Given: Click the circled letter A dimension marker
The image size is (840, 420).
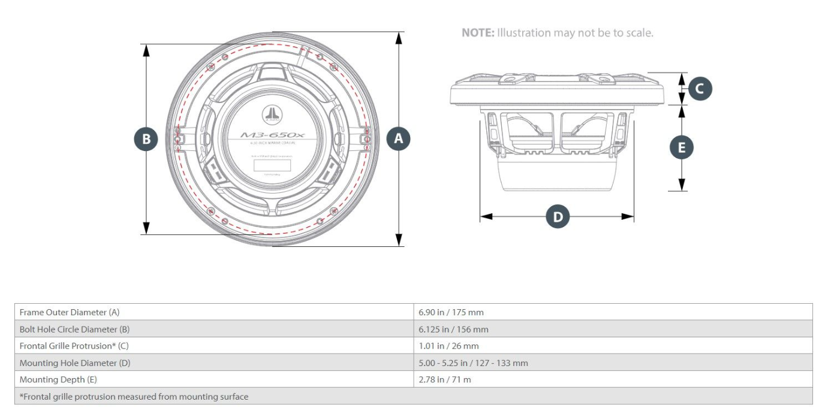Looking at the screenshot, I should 398,139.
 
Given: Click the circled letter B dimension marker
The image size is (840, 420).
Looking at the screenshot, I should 146,139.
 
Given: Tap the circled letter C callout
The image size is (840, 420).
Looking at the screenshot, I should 699,89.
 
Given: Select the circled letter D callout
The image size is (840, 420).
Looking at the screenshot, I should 558,217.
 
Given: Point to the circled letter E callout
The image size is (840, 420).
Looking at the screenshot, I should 681,147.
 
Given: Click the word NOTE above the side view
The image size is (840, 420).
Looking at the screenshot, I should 477,33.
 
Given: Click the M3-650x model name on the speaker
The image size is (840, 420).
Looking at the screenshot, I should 272,135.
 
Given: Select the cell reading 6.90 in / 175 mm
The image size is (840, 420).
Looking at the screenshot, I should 451,312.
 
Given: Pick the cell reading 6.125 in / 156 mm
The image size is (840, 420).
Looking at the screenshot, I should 453,329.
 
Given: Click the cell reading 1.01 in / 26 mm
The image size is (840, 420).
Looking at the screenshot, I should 448,346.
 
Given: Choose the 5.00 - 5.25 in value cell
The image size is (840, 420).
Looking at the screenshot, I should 473,362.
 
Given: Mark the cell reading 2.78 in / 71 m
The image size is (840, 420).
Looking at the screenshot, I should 444,379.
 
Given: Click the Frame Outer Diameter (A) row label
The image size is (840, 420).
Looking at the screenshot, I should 70,312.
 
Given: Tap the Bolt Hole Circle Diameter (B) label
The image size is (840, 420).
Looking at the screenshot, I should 74,329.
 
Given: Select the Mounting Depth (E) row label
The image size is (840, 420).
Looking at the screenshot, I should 58,379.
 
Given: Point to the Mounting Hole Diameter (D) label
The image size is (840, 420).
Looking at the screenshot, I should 75,362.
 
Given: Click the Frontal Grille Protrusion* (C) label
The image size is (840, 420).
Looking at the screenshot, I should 74,346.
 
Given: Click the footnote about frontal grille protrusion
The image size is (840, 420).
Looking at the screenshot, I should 134,396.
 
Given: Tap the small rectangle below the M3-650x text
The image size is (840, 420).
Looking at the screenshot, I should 272,165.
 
